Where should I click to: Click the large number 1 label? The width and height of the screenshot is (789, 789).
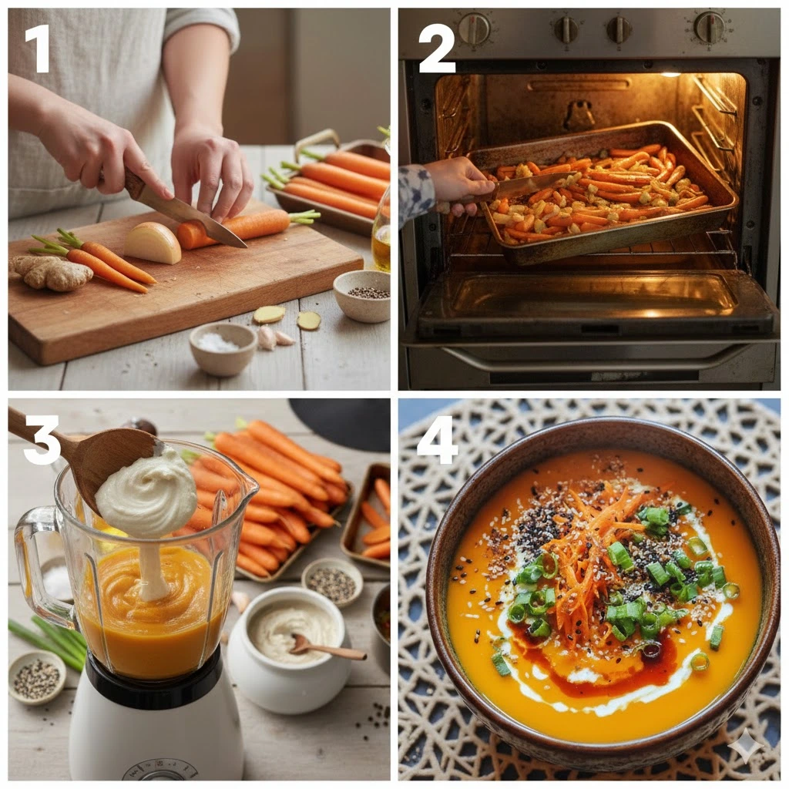point(38,49)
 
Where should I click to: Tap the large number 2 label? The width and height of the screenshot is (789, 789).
point(437,49)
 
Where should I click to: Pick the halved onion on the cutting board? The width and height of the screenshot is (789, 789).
point(153,243)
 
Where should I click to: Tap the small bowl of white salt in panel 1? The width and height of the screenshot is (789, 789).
point(223,348)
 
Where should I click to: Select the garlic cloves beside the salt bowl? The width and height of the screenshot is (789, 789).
point(275,337)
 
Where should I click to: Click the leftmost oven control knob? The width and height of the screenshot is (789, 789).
point(474,29)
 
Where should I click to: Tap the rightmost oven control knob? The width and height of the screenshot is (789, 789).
point(710,26)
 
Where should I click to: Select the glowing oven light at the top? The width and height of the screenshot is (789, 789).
point(670,75)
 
